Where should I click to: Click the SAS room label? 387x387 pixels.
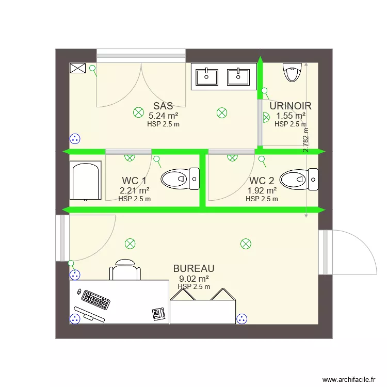(x=163, y=106)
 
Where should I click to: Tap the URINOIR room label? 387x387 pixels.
(x=291, y=106)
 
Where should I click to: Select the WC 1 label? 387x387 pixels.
(x=134, y=181)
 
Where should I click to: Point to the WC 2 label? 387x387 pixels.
(x=262, y=181)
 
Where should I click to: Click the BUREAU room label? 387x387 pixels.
(x=193, y=269)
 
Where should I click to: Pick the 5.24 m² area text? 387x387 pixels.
(x=163, y=116)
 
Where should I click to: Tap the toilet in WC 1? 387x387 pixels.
(x=180, y=179)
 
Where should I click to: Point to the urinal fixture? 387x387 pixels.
(x=292, y=73)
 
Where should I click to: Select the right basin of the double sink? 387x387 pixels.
(x=238, y=76)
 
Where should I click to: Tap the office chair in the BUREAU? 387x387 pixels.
(x=125, y=270)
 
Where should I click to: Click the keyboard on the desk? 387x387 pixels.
(x=95, y=299)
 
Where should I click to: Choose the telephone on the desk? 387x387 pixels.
(x=158, y=313)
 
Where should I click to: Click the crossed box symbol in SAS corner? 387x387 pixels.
(x=77, y=69)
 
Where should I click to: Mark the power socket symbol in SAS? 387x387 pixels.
(x=75, y=138)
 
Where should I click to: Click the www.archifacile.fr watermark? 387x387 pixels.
(x=349, y=379)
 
